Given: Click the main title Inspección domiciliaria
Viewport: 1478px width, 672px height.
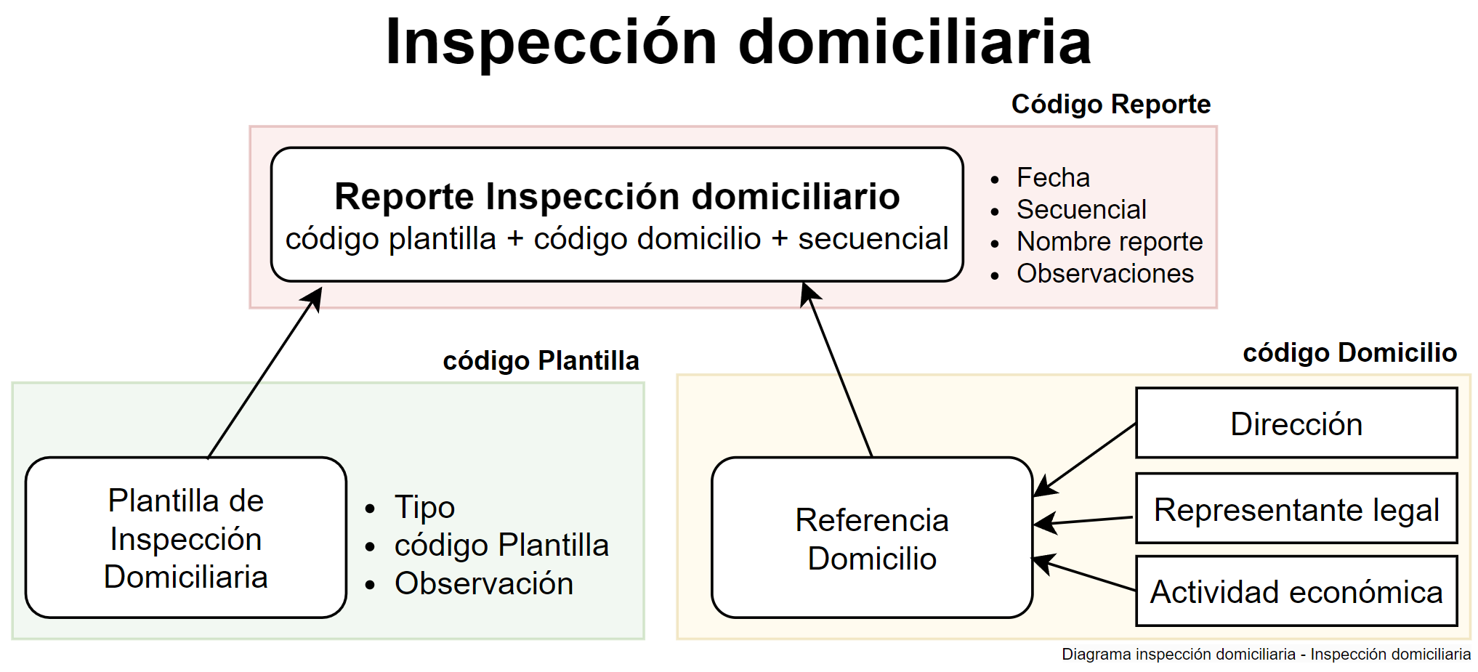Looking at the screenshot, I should pyautogui.click(x=738, y=42).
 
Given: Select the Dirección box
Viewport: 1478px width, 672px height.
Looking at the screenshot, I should pyautogui.click(x=1296, y=424).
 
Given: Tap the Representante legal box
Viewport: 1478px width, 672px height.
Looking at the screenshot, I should pyautogui.click(x=1296, y=509).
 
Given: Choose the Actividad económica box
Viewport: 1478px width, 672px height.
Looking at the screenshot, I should pyautogui.click(x=1296, y=591).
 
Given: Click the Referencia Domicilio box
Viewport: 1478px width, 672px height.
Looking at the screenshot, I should pyautogui.click(x=872, y=538).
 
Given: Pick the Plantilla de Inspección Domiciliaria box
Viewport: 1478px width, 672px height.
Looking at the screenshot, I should pyautogui.click(x=186, y=538).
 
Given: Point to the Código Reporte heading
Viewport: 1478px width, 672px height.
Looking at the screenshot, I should pyautogui.click(x=1110, y=105).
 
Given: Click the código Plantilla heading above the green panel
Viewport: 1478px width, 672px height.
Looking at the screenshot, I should pyautogui.click(x=541, y=361).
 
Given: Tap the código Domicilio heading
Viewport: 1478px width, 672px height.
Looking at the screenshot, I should pyautogui.click(x=1349, y=353).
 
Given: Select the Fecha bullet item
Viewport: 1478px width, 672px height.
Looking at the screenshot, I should pyautogui.click(x=1053, y=178).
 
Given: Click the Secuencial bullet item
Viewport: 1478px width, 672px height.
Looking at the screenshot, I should pyautogui.click(x=1081, y=210).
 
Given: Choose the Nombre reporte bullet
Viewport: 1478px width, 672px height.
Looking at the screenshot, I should pyautogui.click(x=1110, y=242).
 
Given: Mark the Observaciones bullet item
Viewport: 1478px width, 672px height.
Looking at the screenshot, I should pyautogui.click(x=1105, y=274).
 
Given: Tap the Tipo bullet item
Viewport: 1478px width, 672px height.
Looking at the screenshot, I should pyautogui.click(x=424, y=507).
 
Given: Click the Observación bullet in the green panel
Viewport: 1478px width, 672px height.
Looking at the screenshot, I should pyautogui.click(x=484, y=583).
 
